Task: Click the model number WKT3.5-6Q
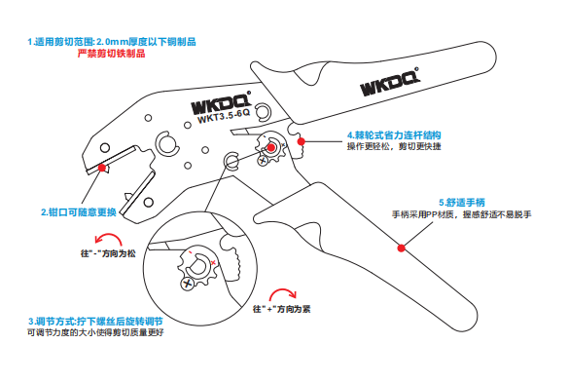coord(224,117)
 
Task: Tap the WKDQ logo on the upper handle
coord(389,82)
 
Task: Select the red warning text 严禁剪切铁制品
coord(112,54)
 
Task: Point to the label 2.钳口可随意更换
coord(79,212)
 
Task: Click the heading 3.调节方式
coord(53,322)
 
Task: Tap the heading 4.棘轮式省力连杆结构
coord(394,135)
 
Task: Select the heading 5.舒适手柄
coord(462,203)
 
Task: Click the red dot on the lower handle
coord(401,248)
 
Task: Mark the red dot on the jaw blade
coord(102,168)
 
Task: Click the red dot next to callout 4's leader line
coord(301,141)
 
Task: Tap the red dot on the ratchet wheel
coord(271,147)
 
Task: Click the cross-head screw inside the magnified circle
coord(188,284)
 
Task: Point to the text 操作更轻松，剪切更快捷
coord(394,146)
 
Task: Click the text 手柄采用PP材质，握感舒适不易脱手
coord(462,214)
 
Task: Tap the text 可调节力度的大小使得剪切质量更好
coord(95,332)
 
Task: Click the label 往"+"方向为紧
coord(282,309)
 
